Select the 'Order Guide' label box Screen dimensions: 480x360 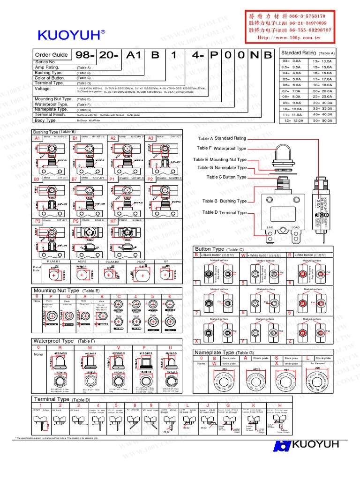52,55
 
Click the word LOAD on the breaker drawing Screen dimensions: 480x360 295,227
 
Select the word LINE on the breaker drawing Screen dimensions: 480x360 270,227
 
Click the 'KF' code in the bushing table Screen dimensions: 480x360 113,220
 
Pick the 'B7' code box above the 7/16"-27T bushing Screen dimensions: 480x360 75,179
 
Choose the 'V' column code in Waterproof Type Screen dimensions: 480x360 119,347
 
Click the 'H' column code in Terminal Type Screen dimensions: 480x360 280,405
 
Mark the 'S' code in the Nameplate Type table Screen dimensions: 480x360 277,358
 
